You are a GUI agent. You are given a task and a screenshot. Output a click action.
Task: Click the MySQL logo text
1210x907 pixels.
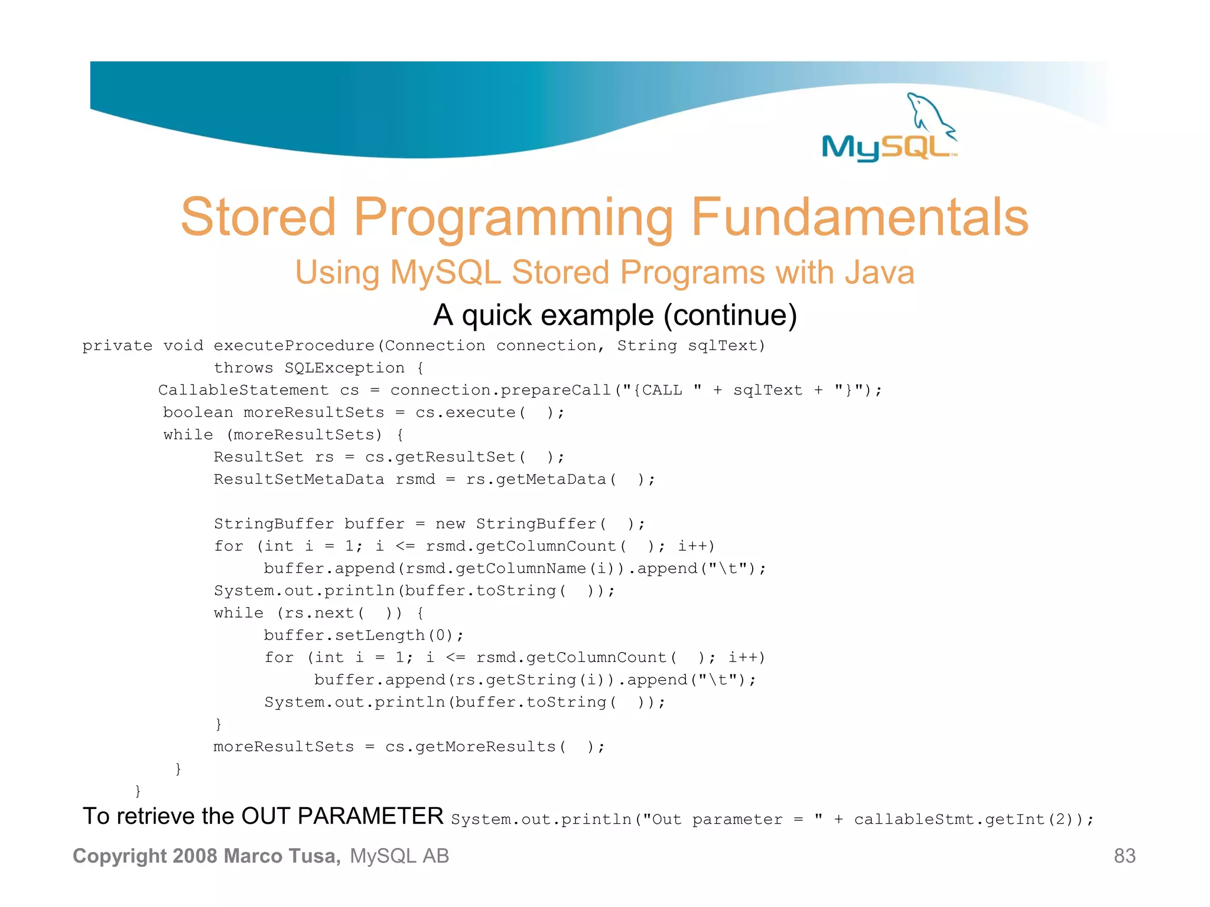(886, 147)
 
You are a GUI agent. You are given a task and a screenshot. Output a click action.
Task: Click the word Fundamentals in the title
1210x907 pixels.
(860, 217)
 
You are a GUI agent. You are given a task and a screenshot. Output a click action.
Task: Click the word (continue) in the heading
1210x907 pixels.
(730, 315)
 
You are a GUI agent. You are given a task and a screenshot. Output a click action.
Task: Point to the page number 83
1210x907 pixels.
(1124, 856)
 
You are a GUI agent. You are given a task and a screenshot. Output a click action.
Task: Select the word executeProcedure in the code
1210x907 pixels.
(294, 345)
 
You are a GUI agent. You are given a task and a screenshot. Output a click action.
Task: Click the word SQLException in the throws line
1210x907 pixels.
(344, 368)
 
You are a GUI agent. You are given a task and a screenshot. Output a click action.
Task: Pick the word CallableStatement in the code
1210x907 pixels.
(243, 390)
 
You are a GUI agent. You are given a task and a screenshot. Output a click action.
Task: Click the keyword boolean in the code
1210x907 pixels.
(198, 412)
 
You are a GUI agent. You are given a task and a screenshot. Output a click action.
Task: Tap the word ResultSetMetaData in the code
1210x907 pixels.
(299, 479)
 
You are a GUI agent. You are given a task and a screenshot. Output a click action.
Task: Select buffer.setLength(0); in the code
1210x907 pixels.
(363, 635)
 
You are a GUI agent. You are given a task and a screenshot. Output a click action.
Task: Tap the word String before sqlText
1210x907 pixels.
(646, 345)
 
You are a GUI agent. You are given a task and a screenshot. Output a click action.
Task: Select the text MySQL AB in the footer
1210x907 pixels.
(399, 856)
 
